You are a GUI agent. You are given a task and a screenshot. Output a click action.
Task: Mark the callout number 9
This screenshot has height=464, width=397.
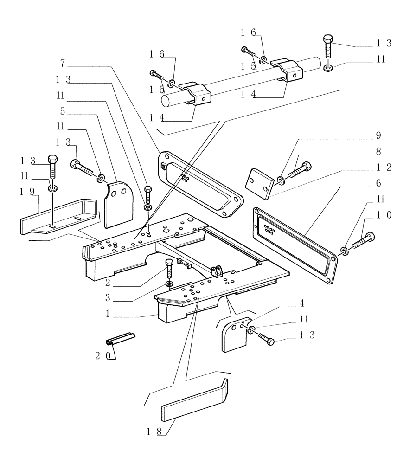(378, 136)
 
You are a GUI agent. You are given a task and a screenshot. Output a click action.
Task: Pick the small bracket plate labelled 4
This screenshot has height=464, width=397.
(235, 335)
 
